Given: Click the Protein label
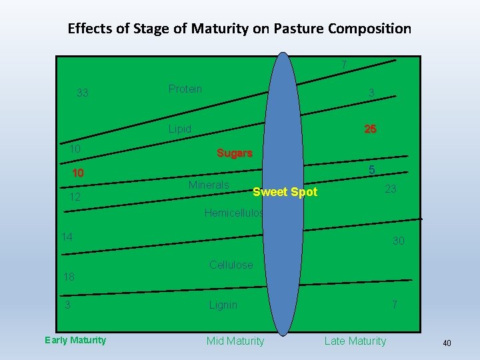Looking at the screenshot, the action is tap(185, 89).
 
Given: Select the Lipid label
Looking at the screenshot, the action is tap(179, 129).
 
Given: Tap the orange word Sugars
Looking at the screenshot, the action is tap(234, 153).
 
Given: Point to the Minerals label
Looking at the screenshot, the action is tap(209, 185).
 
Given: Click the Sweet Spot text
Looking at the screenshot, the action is tap(285, 192).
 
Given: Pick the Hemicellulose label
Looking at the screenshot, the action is tap(234, 213).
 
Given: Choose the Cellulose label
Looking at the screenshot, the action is tap(231, 265).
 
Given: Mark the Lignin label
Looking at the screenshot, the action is tap(223, 305).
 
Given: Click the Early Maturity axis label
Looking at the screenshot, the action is tap(75, 340).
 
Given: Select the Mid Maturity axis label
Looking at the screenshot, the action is tap(235, 341).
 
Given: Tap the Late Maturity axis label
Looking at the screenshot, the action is tap(355, 341).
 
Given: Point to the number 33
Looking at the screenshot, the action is tap(82, 93).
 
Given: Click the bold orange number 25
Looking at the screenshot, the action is tap(370, 129).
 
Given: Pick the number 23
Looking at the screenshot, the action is tap(391, 189).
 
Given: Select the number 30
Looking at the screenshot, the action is tap(398, 241).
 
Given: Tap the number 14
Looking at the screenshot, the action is tap(67, 236).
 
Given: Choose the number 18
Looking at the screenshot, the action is tap(69, 277).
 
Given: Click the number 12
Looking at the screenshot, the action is tap(75, 197).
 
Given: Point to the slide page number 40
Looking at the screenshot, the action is tap(447, 343).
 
